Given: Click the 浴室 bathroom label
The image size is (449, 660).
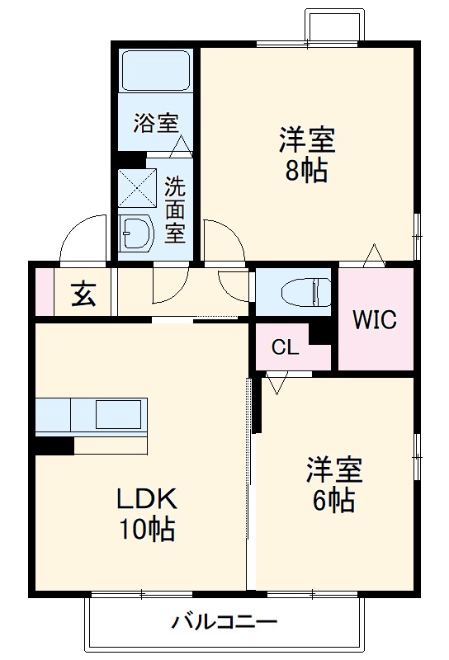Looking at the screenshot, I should click(x=156, y=124).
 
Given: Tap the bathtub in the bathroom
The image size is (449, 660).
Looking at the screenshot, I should click(x=156, y=72).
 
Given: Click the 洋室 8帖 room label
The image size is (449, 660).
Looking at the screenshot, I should click(x=306, y=155).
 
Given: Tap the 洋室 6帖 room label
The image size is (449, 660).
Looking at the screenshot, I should click(x=333, y=485).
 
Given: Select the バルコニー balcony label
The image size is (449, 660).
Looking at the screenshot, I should click(x=224, y=621).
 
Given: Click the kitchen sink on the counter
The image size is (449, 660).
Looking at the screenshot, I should click(x=118, y=413).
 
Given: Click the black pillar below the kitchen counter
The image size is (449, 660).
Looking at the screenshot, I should click(x=54, y=445).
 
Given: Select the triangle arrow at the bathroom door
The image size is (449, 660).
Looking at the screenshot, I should click(x=182, y=148).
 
